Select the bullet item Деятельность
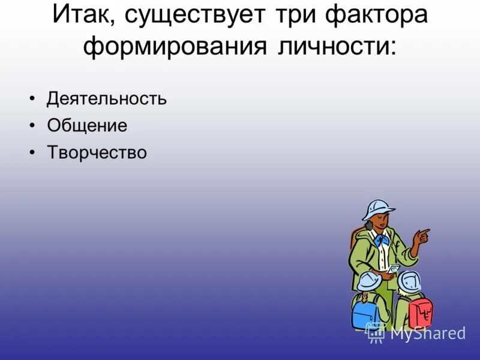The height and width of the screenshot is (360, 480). [106, 98]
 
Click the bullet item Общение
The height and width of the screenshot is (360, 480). [87, 125]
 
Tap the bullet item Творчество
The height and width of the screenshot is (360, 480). [97, 152]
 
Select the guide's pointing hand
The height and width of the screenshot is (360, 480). [422, 236]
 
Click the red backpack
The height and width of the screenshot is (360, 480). [421, 312]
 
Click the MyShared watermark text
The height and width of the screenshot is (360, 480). [428, 333]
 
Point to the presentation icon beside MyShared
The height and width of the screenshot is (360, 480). [376, 332]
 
